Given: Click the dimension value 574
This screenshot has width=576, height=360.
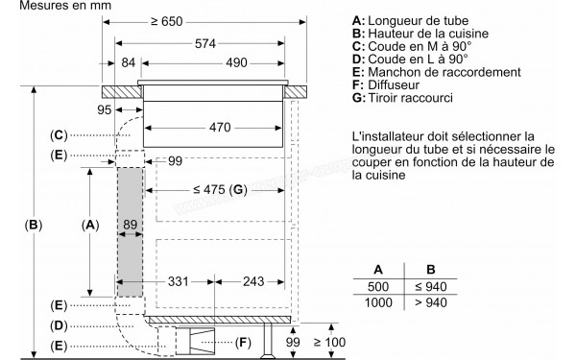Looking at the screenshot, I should click(199, 44).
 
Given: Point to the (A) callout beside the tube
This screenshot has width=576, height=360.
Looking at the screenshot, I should click(90, 225).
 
